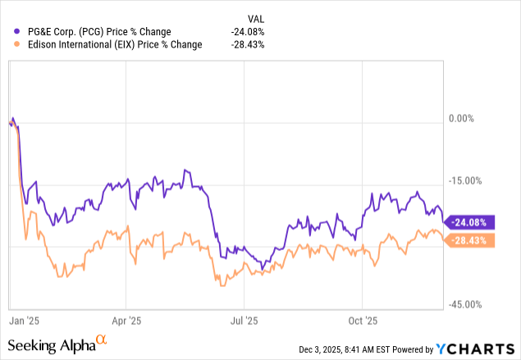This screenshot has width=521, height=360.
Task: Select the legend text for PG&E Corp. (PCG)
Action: click(x=94, y=32)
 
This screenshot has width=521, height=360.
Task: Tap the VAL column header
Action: click(x=257, y=18)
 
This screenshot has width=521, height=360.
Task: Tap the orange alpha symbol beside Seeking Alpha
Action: click(x=102, y=340)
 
